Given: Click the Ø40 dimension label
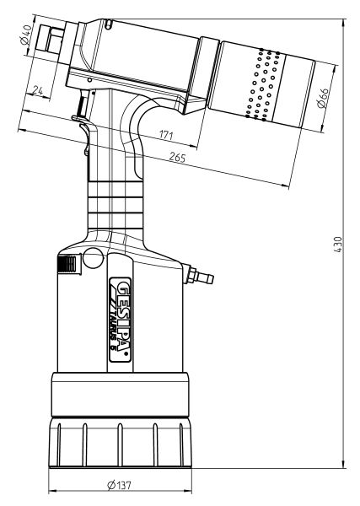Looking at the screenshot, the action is (26, 35).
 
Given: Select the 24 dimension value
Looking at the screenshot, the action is (38, 91).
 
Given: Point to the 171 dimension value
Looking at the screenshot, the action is (166, 135).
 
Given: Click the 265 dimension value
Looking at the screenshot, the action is (177, 158).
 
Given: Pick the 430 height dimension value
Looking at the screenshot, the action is (338, 245).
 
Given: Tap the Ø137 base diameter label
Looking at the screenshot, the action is (120, 485).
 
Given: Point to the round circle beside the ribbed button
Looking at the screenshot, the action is (94, 258).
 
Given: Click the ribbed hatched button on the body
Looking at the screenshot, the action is (67, 264).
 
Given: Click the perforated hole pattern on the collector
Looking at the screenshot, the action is (263, 84).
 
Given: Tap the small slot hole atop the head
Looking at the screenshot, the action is (109, 24).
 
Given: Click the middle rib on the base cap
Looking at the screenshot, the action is (120, 444).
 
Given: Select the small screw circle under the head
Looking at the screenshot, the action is (89, 80).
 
